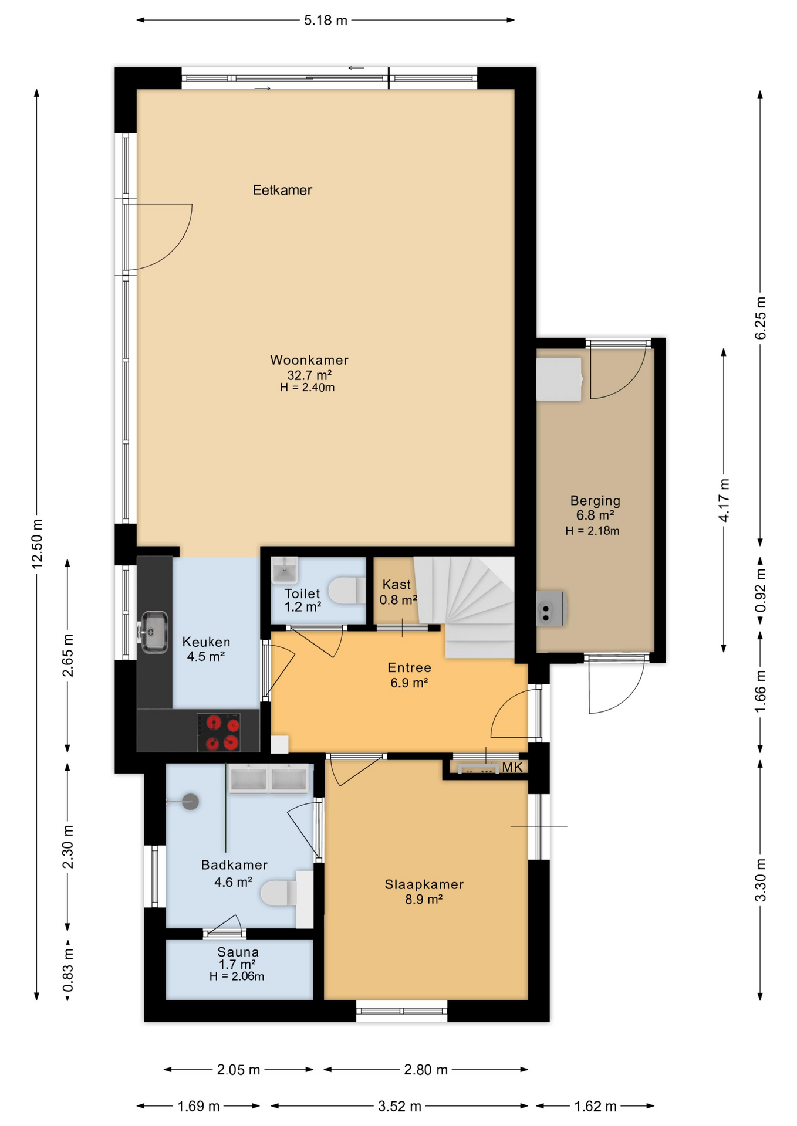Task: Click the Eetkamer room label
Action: click(x=282, y=190)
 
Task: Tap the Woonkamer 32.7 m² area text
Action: click(x=309, y=375)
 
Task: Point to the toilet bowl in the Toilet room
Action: click(x=346, y=591)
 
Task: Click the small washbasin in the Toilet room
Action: click(x=285, y=569)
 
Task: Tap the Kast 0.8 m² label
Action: click(x=397, y=592)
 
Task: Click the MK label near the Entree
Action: click(x=512, y=768)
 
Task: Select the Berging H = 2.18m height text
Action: click(x=592, y=531)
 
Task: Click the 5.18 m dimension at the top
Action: click(x=325, y=21)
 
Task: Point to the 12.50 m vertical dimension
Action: click(x=37, y=543)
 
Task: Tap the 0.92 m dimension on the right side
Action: click(x=760, y=590)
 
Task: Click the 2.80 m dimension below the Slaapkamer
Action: click(x=425, y=1070)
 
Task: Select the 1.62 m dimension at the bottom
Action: click(x=595, y=1107)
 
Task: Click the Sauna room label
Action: click(x=238, y=952)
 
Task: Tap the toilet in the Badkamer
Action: click(x=277, y=893)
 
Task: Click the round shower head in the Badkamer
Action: click(x=190, y=802)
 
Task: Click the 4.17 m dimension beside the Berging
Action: click(x=724, y=500)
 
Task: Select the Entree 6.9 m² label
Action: click(x=409, y=675)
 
